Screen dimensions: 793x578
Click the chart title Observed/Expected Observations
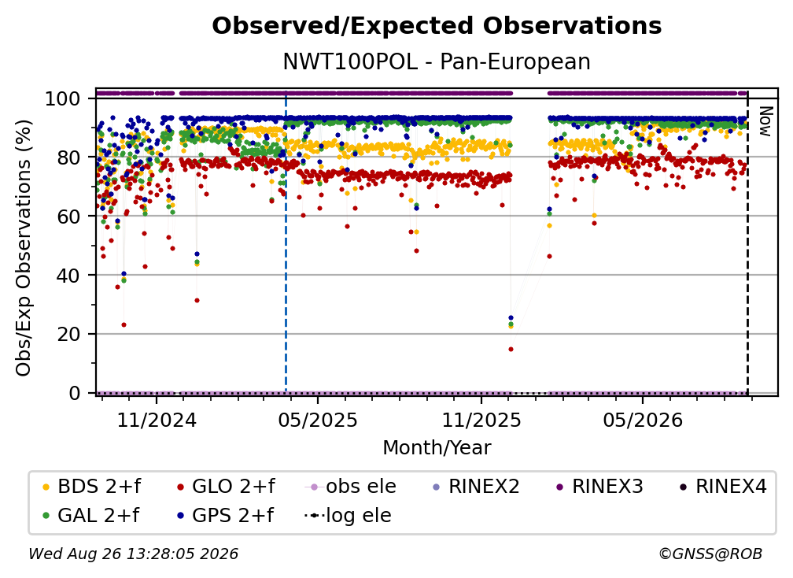coord(437,26)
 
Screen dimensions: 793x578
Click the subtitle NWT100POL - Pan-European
coord(437,61)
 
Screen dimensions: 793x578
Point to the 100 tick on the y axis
coord(63,98)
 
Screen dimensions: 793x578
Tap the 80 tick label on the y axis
coord(68,157)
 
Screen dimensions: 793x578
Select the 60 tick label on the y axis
coord(68,216)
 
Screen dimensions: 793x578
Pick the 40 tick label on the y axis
coord(68,276)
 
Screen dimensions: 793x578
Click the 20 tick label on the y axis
coord(68,334)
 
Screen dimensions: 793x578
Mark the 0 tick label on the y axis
coord(75,393)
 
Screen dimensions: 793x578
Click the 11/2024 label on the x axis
coord(157,420)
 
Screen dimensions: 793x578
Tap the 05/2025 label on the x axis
coord(318,420)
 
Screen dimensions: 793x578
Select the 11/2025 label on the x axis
coord(481,420)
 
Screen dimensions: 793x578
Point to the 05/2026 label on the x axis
coord(643,420)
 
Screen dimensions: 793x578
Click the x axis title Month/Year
coord(437,447)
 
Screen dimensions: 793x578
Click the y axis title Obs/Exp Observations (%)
coord(24,248)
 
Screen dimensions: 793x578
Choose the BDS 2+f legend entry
coord(92,487)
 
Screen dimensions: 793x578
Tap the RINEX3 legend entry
coord(599,487)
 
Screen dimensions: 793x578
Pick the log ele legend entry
coord(348,515)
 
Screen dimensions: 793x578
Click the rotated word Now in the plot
coord(765,121)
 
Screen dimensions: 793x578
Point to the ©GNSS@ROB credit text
coord(710,554)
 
